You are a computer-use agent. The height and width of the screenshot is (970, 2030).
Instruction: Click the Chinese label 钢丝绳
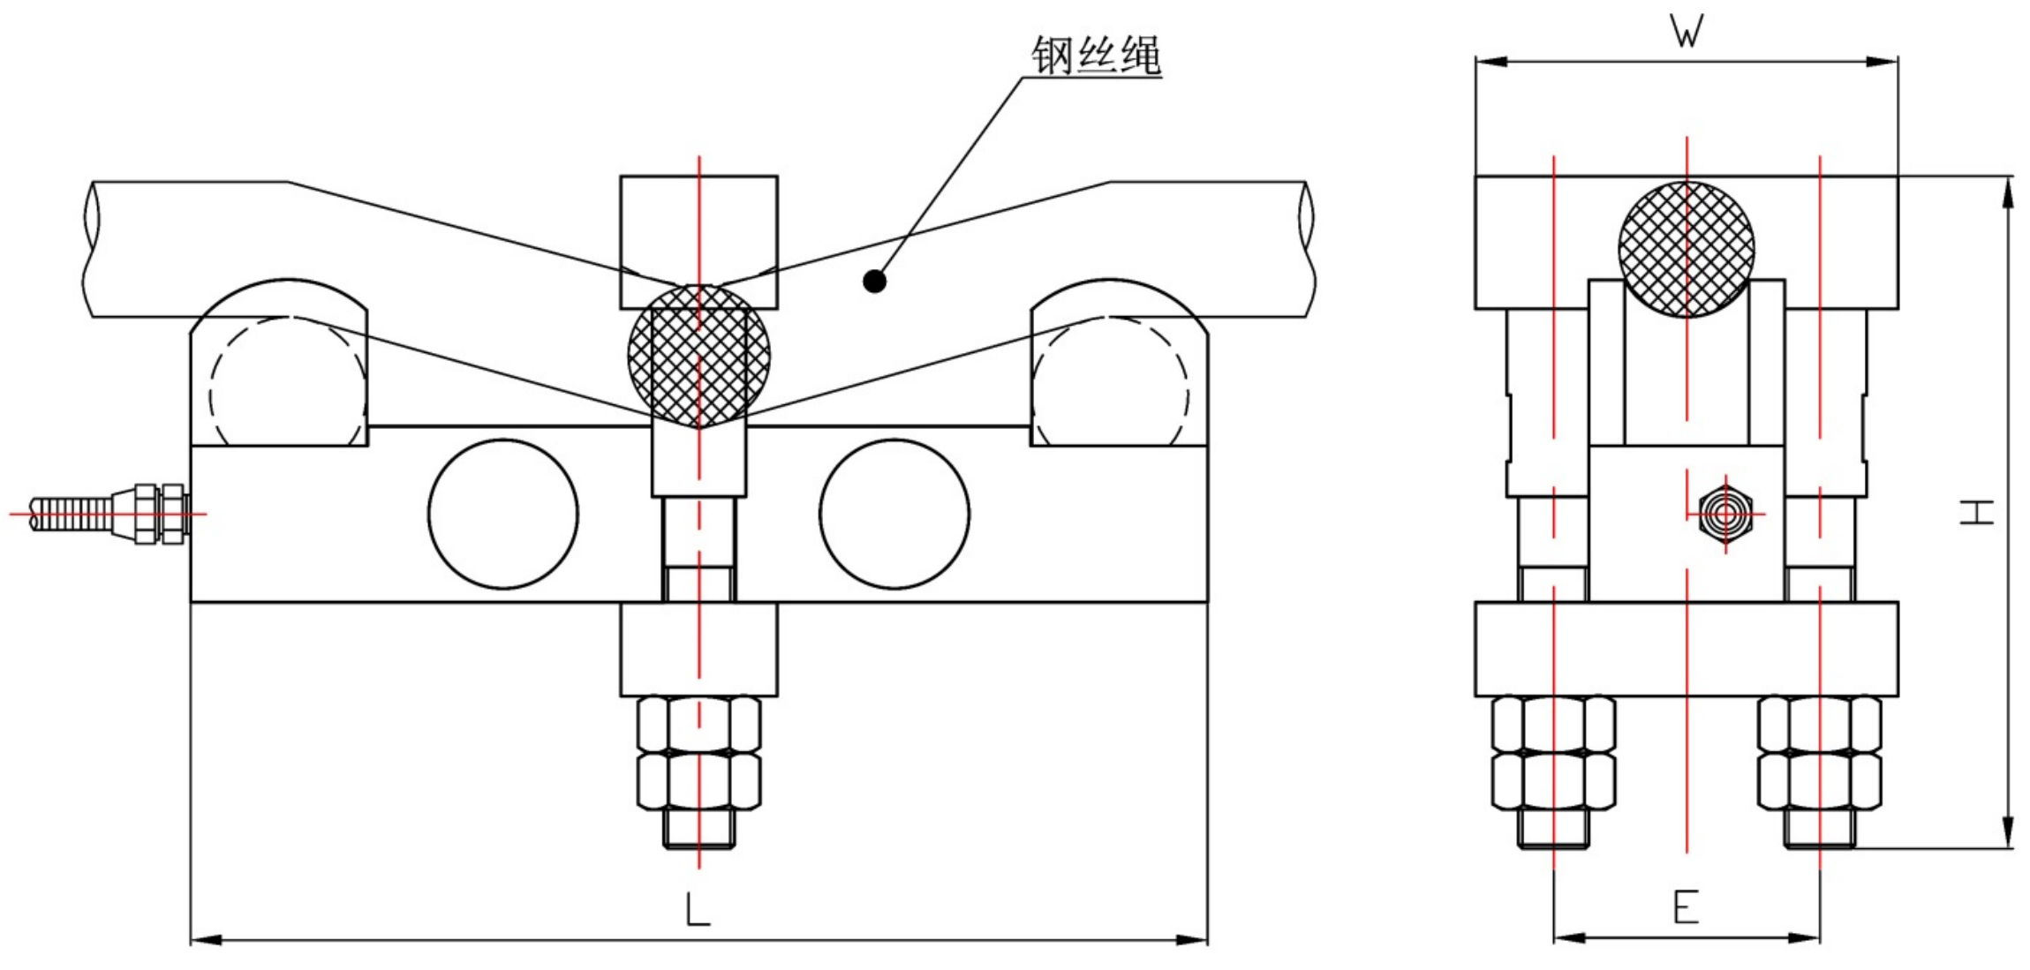click(x=1096, y=55)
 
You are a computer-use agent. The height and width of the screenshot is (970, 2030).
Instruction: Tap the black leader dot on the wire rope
click(x=874, y=282)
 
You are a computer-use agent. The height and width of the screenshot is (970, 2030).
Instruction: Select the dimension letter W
click(x=1687, y=32)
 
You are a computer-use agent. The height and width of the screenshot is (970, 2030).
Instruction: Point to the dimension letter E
click(x=1686, y=906)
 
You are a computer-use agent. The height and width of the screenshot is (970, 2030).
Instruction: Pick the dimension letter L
click(x=698, y=909)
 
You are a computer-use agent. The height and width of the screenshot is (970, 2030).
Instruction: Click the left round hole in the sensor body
click(x=503, y=514)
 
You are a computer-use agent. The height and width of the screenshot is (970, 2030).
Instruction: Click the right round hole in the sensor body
click(x=894, y=514)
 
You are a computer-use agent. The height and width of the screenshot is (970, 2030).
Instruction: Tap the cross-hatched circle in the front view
click(x=698, y=355)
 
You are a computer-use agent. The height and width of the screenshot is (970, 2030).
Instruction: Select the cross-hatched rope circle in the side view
click(x=1687, y=249)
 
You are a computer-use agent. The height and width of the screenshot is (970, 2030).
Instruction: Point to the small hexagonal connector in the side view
click(x=1724, y=514)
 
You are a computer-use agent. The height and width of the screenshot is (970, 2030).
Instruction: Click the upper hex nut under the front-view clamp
click(x=698, y=724)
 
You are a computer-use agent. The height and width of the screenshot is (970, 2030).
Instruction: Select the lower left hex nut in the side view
click(x=1553, y=780)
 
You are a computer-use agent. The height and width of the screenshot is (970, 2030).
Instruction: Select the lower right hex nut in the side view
click(x=1819, y=780)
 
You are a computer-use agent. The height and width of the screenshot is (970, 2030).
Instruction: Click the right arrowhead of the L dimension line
click(x=1195, y=940)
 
